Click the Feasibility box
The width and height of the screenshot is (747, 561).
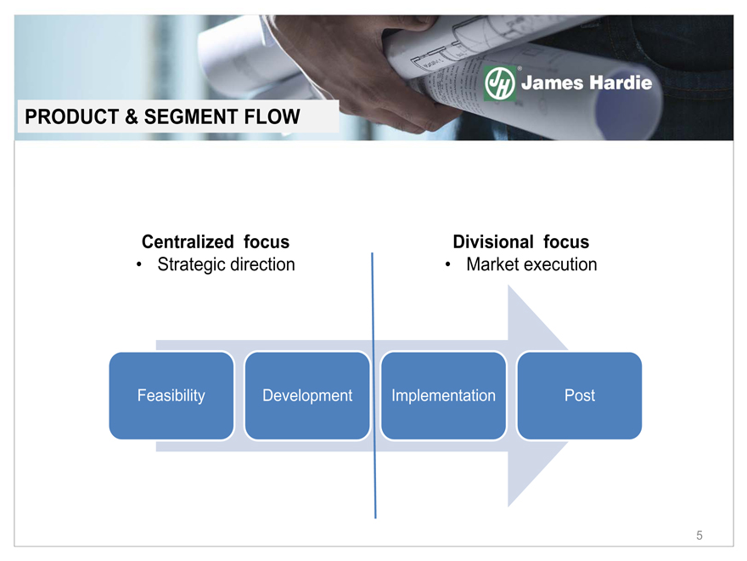tap(171, 395)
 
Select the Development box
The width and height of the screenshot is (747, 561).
tap(307, 395)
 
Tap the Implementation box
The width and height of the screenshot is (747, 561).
tap(443, 395)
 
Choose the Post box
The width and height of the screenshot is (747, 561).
tap(579, 395)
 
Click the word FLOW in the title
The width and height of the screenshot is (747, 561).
tap(272, 117)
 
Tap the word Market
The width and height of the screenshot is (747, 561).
tap(492, 264)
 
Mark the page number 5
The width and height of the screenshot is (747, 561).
tap(699, 535)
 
